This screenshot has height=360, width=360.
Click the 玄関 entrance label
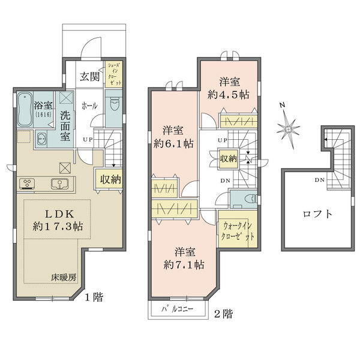point(90,77)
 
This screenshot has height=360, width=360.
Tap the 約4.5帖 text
point(229,94)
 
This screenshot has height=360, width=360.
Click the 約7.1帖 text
point(182,265)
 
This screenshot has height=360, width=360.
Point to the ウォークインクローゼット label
point(239,232)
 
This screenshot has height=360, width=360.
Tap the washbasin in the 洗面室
point(41,140)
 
